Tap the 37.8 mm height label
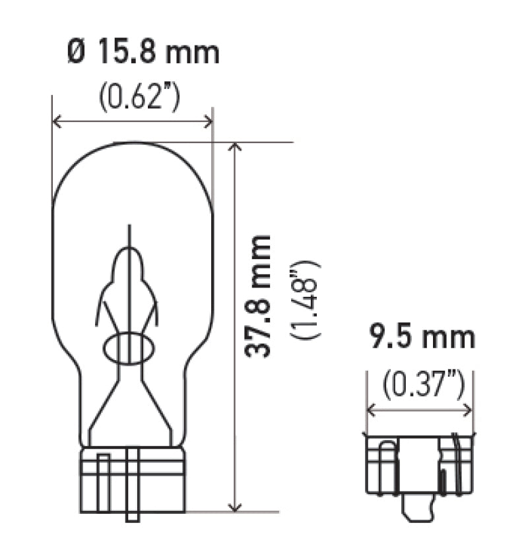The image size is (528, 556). pyautogui.click(x=258, y=295)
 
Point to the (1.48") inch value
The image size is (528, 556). pyautogui.click(x=307, y=300)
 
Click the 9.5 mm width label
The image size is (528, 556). pyautogui.click(x=420, y=338)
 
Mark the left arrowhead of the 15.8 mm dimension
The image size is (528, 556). pyautogui.click(x=56, y=121)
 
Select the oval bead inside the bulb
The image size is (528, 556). pyautogui.click(x=129, y=348)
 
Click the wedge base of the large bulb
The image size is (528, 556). pyautogui.click(x=132, y=478)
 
